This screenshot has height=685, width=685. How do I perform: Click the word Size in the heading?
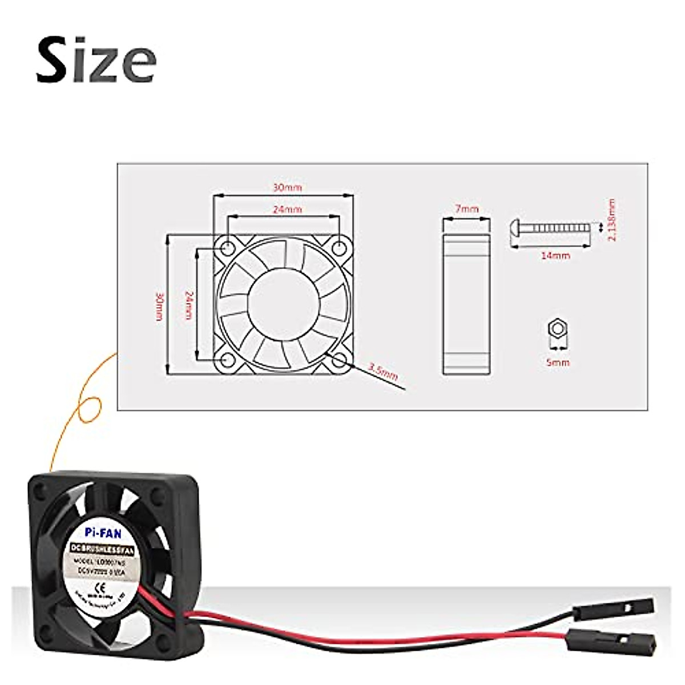(96, 59)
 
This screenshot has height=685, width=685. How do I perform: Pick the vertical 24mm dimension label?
(189, 305)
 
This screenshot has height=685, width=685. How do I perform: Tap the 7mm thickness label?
(467, 209)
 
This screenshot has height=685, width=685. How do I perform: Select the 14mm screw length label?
(555, 255)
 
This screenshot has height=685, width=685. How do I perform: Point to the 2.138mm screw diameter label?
(611, 220)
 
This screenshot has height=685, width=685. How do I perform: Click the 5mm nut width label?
(558, 362)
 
